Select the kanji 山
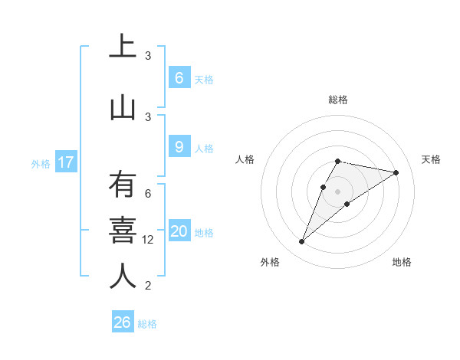pyautogui.click(x=123, y=107)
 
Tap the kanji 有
pyautogui.click(x=123, y=186)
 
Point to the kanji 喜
pyautogui.click(x=123, y=231)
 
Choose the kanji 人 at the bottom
pyautogui.click(x=123, y=277)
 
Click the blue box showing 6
pyautogui.click(x=179, y=78)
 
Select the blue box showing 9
pyautogui.click(x=179, y=147)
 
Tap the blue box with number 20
pyautogui.click(x=179, y=232)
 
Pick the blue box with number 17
pyautogui.click(x=65, y=162)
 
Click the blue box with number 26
pyautogui.click(x=123, y=322)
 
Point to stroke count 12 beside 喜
pyautogui.click(x=148, y=240)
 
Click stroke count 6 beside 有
pyautogui.click(x=148, y=195)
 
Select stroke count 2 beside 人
pyautogui.click(x=148, y=286)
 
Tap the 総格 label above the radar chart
pyautogui.click(x=337, y=100)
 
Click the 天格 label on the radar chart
pyautogui.click(x=431, y=159)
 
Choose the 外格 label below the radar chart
pyautogui.click(x=270, y=262)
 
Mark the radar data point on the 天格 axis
pyautogui.click(x=396, y=172)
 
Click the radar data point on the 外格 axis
pyautogui.click(x=301, y=242)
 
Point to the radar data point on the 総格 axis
pyautogui.click(x=337, y=161)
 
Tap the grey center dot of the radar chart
pyautogui.click(x=337, y=191)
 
